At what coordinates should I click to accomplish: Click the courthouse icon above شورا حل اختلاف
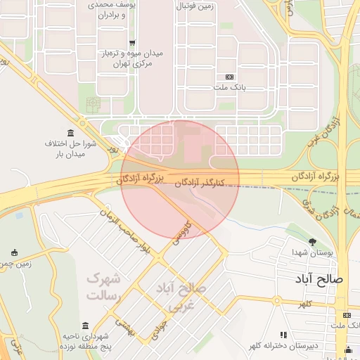click(x=70, y=134)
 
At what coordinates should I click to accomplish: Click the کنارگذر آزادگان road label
click(x=203, y=182)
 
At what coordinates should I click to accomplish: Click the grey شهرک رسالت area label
click(x=103, y=287)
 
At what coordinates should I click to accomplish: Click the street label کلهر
click(x=304, y=303)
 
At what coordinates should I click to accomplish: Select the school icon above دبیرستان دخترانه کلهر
click(x=284, y=335)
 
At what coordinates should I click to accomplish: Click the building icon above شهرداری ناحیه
click(x=86, y=326)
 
